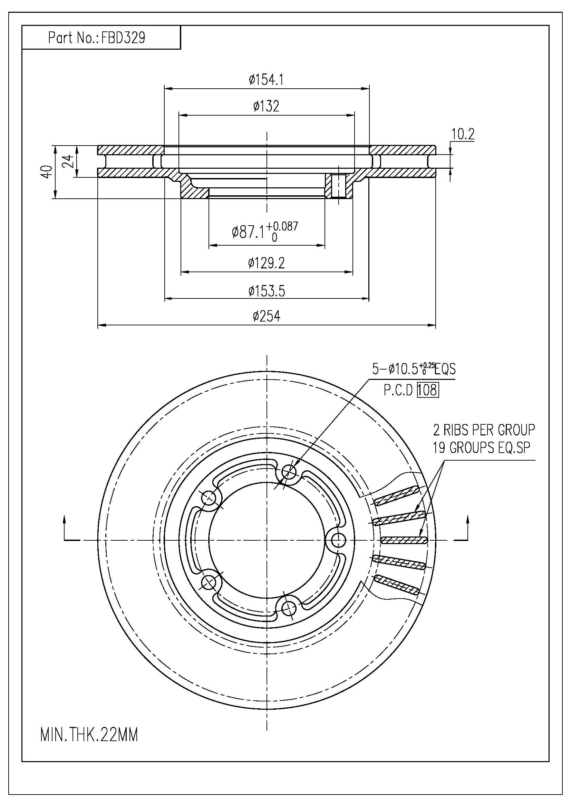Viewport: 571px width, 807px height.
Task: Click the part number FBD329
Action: [123, 38]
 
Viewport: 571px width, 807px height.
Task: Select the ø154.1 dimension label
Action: [266, 80]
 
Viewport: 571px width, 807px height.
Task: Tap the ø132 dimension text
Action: [266, 106]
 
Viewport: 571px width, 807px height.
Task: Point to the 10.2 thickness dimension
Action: [463, 134]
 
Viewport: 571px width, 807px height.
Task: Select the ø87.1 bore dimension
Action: [264, 231]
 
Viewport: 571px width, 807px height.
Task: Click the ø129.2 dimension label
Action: [266, 263]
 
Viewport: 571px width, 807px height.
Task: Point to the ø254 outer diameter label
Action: [266, 316]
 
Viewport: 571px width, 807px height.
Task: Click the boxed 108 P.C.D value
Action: [428, 390]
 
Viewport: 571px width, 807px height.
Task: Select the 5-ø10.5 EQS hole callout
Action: [414, 370]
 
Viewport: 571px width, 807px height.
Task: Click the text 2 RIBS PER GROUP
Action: [484, 430]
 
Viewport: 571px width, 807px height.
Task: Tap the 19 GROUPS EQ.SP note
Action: [481, 447]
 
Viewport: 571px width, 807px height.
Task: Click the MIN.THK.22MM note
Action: [89, 735]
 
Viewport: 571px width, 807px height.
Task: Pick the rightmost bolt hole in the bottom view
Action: [338, 540]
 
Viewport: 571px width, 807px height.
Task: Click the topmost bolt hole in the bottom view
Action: [289, 471]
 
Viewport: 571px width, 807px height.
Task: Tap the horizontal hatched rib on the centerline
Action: [404, 540]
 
